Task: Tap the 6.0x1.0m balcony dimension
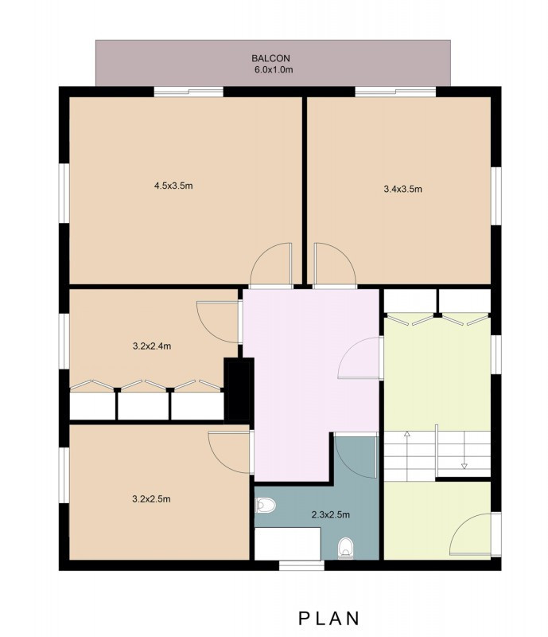tap(274, 69)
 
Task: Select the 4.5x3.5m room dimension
tap(173, 186)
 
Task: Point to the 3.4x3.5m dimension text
tap(402, 189)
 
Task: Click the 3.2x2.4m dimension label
tap(152, 346)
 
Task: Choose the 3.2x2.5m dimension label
tap(151, 499)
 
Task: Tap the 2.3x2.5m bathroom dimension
tap(330, 514)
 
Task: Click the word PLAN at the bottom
tap(329, 619)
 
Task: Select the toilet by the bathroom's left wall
tap(266, 506)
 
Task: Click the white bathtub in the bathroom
tap(288, 544)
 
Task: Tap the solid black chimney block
tap(239, 389)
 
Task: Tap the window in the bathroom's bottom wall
tap(301, 565)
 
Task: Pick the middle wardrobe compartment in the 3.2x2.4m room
tap(143, 406)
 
